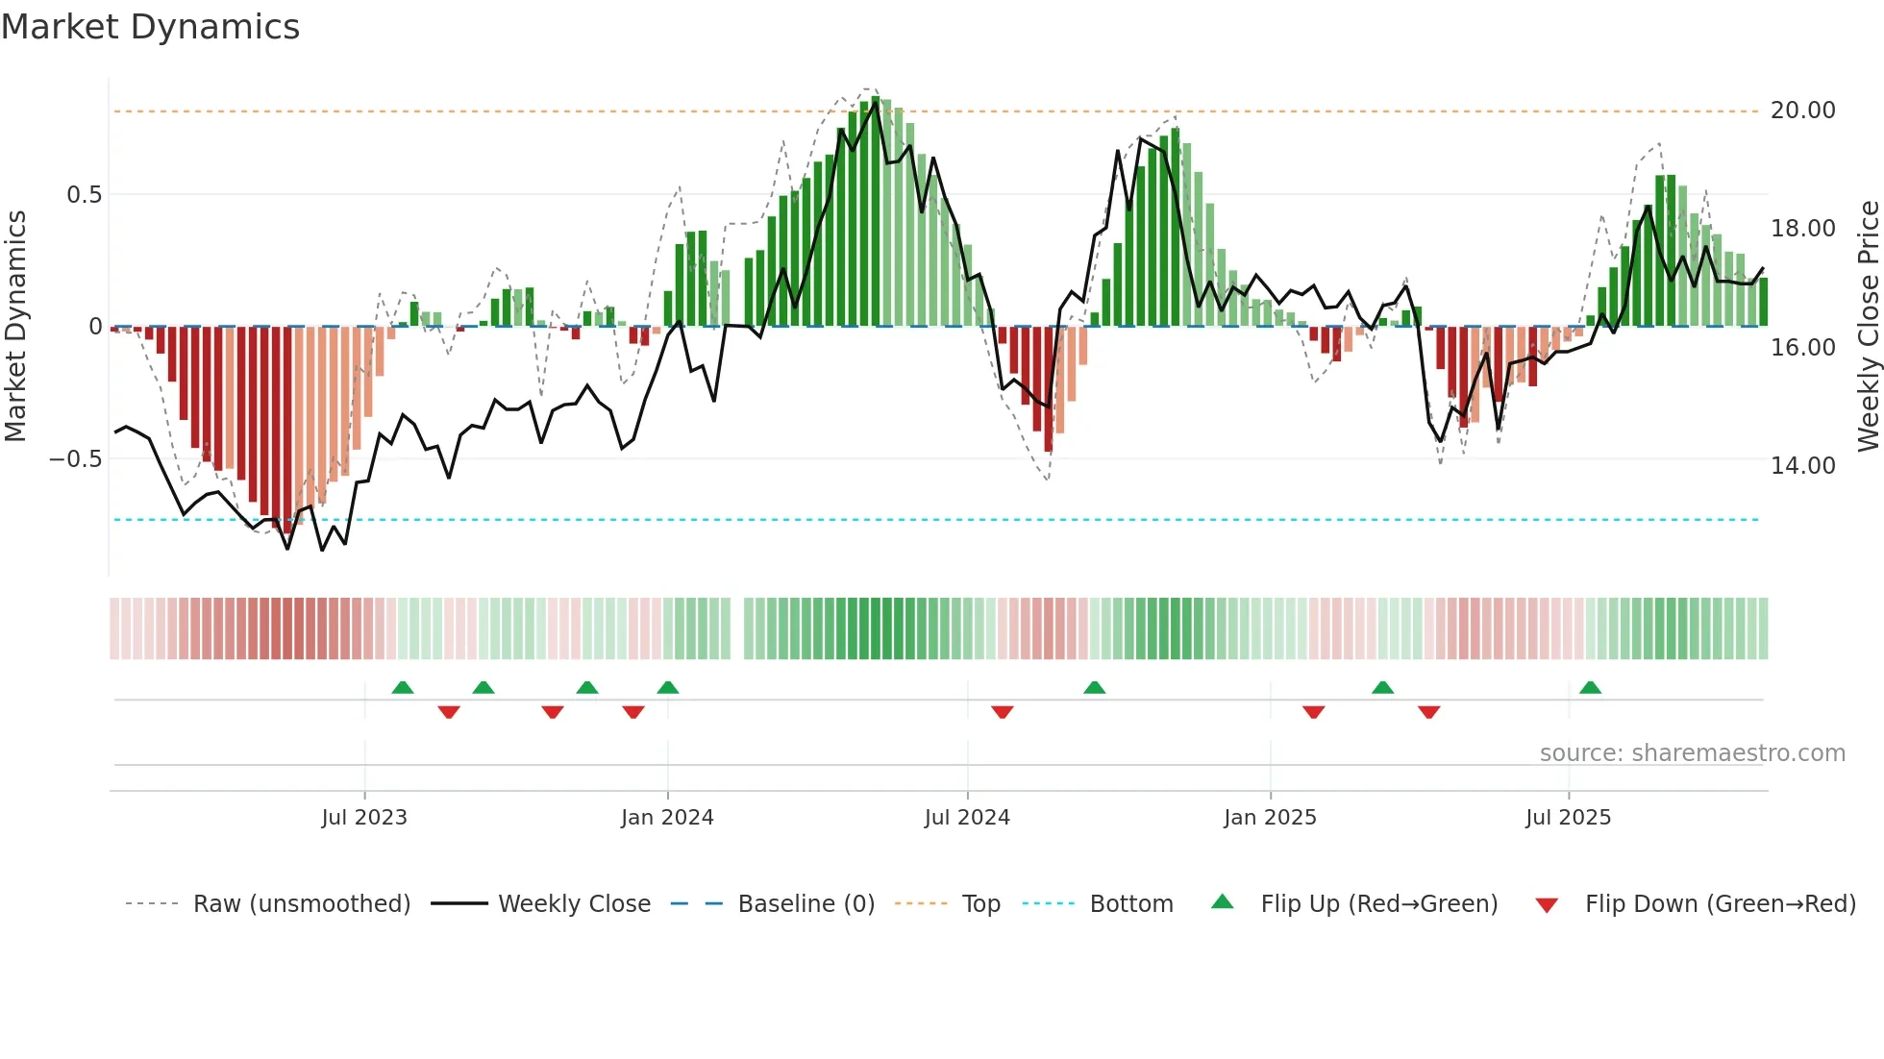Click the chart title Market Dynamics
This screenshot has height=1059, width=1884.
tap(151, 27)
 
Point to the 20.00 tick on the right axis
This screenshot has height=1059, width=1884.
tap(1802, 111)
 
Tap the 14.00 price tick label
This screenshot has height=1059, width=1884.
tap(1802, 465)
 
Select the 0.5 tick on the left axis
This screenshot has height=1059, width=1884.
tap(84, 195)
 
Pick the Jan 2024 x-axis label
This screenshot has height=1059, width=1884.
tap(667, 818)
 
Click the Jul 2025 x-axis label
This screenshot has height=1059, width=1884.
tap(1568, 818)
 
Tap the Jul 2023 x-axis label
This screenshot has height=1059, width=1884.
tap(364, 818)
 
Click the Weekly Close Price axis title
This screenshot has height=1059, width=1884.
tap(1868, 327)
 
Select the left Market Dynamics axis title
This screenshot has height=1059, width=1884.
tap(15, 327)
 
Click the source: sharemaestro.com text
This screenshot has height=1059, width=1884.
tap(1692, 753)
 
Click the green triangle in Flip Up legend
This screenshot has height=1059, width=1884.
tap(1222, 901)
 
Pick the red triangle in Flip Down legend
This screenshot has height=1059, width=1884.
tap(1547, 905)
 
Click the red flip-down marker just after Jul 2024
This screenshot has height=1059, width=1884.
tap(1003, 712)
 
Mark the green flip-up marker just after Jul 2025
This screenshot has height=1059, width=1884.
tap(1590, 687)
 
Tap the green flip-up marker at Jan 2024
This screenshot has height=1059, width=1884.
tap(668, 687)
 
